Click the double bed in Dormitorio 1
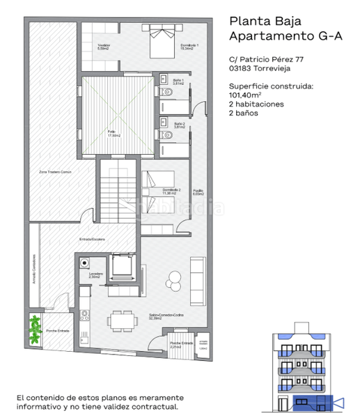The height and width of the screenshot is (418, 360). (x=164, y=43)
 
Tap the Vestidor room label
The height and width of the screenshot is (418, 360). (x=104, y=47)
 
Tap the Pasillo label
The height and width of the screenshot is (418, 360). (x=198, y=192)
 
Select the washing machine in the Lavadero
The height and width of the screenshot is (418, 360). (x=86, y=264)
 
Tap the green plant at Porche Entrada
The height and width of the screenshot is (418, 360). (x=35, y=328)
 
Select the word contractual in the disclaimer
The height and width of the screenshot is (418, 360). (x=157, y=406)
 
